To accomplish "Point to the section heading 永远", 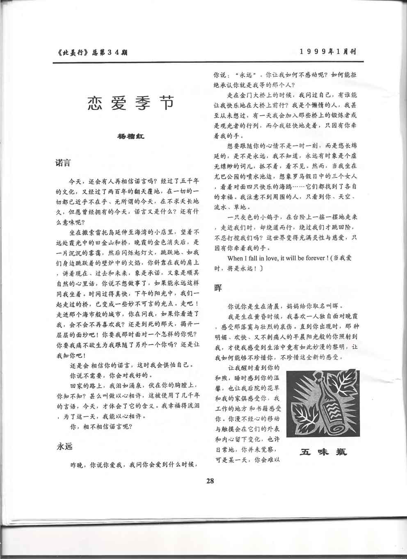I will [64, 446].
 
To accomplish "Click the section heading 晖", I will [218, 288].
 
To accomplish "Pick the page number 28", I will [210, 482].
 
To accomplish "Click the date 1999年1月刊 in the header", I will [327, 52].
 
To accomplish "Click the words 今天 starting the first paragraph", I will [76, 181].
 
